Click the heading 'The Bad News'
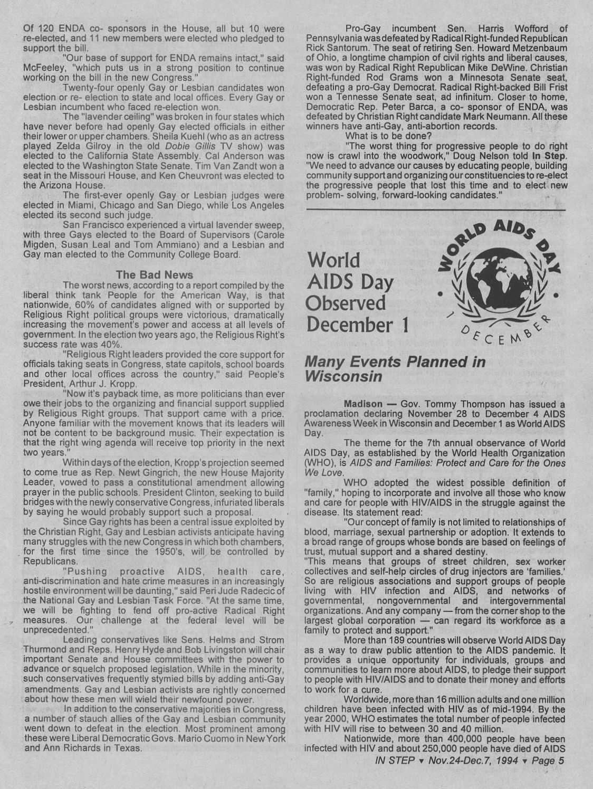pyautogui.click(x=155, y=275)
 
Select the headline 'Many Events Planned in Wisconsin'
pyautogui.click(x=395, y=368)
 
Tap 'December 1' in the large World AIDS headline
pyautogui.click(x=358, y=324)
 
